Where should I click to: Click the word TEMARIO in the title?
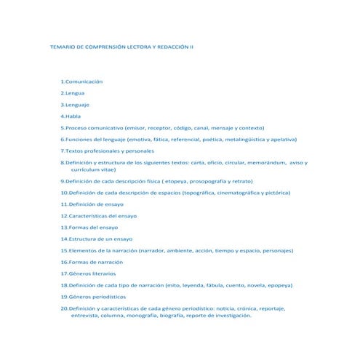pos(61,47)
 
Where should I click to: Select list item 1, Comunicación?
pos(84,81)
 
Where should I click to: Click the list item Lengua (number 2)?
pos(74,93)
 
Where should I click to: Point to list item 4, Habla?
pos(73,116)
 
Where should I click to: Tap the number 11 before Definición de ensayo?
pos(64,204)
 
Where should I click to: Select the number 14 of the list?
pos(64,239)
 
